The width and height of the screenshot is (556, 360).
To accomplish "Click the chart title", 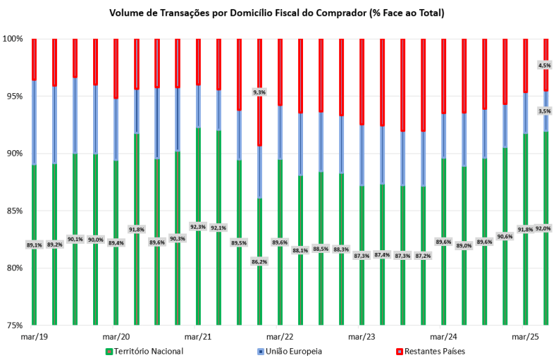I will coord(277,13).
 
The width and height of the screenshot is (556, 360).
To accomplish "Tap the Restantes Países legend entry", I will coord(430,351).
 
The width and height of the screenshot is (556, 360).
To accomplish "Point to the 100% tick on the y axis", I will coord(14,39).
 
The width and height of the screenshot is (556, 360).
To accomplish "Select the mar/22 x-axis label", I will coord(279,336).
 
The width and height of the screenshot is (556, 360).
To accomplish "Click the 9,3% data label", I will coord(259,92).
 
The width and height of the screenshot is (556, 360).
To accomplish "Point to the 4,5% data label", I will coord(545,65).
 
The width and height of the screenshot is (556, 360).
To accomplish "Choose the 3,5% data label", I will coord(545,111).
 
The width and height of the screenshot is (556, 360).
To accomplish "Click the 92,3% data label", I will coord(198,227).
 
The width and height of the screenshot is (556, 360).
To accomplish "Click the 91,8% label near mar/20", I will coord(137,229).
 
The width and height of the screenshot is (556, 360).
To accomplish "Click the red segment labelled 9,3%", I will coord(259,118).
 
